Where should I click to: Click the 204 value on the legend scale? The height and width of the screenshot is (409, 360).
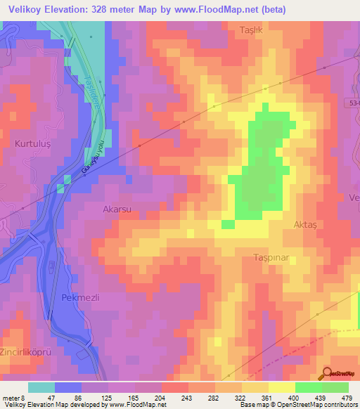[161, 398]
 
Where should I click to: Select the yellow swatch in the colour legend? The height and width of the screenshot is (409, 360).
[281, 387]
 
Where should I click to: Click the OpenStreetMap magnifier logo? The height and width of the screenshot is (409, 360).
[327, 374]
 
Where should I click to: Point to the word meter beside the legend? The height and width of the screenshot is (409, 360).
[12, 398]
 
